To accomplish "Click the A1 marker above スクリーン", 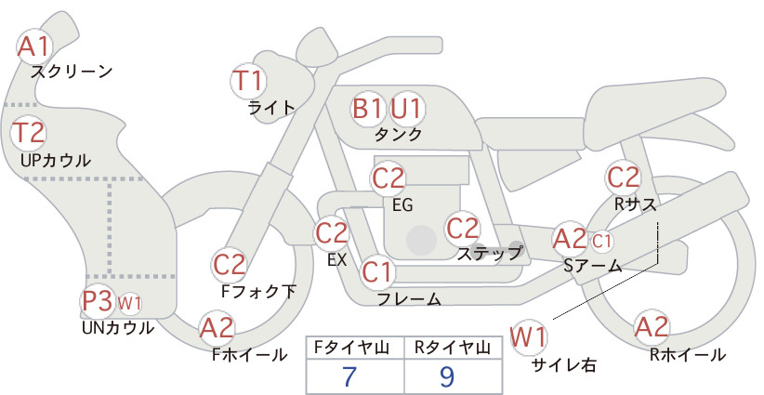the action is [34, 46].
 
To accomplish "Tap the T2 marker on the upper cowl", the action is [28, 133].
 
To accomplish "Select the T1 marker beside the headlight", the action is [248, 81].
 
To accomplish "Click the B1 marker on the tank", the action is [368, 109].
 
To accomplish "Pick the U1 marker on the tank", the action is [407, 109].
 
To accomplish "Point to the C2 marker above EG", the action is [389, 178].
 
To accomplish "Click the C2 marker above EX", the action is [331, 232].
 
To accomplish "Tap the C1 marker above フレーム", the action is [377, 271].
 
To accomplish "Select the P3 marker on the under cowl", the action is [98, 301].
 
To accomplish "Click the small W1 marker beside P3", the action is [129, 303].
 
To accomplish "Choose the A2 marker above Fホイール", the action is [217, 327].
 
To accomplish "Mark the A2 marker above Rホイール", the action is [651, 327].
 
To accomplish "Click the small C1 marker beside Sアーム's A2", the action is [601, 241].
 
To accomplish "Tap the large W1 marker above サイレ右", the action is [528, 337].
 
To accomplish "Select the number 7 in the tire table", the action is [349, 376].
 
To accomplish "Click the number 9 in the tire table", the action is [447, 376].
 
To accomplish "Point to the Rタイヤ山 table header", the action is [452, 348].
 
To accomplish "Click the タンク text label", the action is [398, 134].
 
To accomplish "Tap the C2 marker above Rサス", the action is [624, 178].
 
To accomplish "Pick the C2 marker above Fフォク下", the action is [230, 266].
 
